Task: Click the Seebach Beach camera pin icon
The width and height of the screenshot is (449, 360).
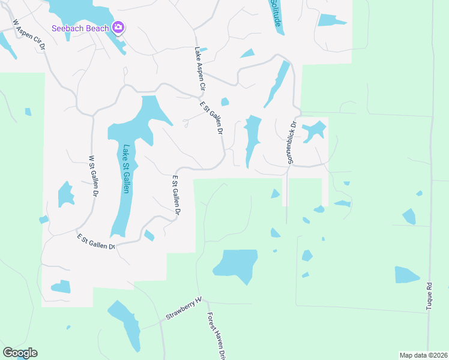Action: click(118, 28)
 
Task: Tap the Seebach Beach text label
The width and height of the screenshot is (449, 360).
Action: click(80, 28)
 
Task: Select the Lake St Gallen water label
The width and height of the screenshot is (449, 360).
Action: click(126, 170)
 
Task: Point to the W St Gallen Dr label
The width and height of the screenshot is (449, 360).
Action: click(94, 176)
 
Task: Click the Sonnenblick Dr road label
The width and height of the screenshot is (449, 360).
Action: click(292, 143)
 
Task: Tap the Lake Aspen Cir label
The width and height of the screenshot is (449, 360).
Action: click(200, 70)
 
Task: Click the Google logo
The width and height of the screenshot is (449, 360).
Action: click(20, 353)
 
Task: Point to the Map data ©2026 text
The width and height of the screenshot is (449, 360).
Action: click(423, 355)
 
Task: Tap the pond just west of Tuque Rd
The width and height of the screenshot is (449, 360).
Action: click(406, 274)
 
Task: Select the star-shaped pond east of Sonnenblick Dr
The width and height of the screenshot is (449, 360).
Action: click(313, 130)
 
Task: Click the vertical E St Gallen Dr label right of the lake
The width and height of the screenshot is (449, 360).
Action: click(176, 194)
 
